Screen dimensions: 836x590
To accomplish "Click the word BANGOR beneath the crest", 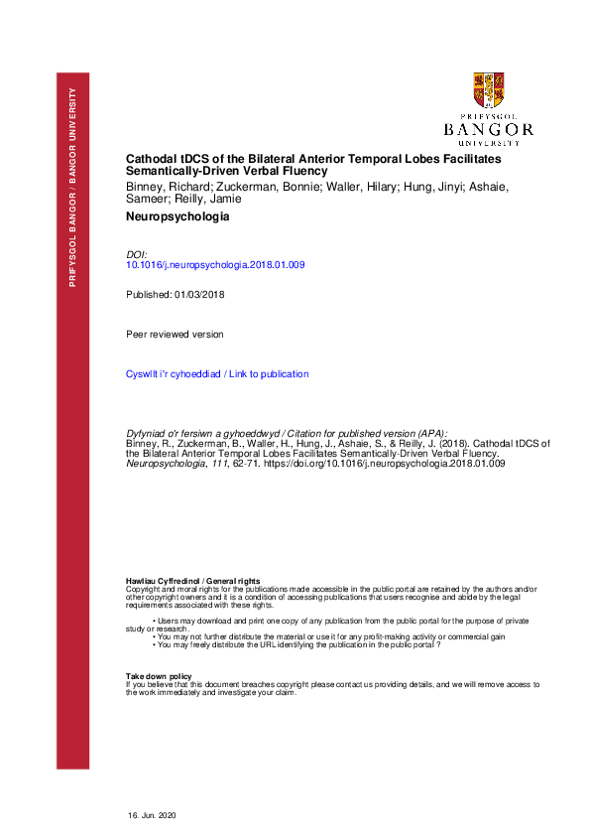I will pos(489,129).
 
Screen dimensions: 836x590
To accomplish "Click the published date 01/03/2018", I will pos(197,296).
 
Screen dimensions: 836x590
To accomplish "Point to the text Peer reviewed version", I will pos(175,335).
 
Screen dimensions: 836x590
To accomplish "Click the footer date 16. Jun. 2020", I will pos(151,814).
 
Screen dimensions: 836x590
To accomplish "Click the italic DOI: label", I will pos(137,254).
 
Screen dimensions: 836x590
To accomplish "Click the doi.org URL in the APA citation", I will pos(384,464).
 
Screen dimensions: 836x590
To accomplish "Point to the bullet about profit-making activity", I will pos(330,635).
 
